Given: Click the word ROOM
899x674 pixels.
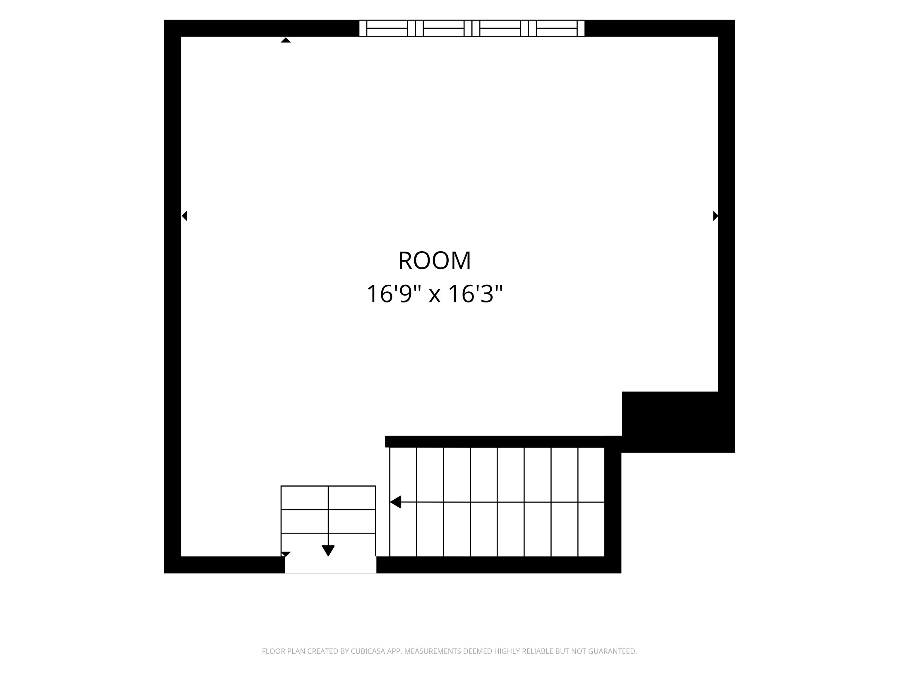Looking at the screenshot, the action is click(435, 261).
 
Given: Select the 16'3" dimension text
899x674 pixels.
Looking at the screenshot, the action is click(476, 294).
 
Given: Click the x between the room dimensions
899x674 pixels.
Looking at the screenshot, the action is click(435, 296).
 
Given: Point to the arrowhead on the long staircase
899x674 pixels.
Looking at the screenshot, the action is click(395, 502).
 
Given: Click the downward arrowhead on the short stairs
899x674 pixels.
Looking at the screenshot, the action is click(328, 551).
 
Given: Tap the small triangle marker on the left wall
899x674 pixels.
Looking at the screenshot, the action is click(184, 216).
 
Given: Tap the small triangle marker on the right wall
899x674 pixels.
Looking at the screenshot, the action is click(715, 216).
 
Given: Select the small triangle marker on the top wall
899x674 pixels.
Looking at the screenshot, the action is click(286, 40).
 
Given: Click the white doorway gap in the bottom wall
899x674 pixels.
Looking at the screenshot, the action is click(330, 565).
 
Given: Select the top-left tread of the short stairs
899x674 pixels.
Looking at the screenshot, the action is click(304, 498).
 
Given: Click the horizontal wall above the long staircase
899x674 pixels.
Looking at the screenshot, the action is click(503, 442).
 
